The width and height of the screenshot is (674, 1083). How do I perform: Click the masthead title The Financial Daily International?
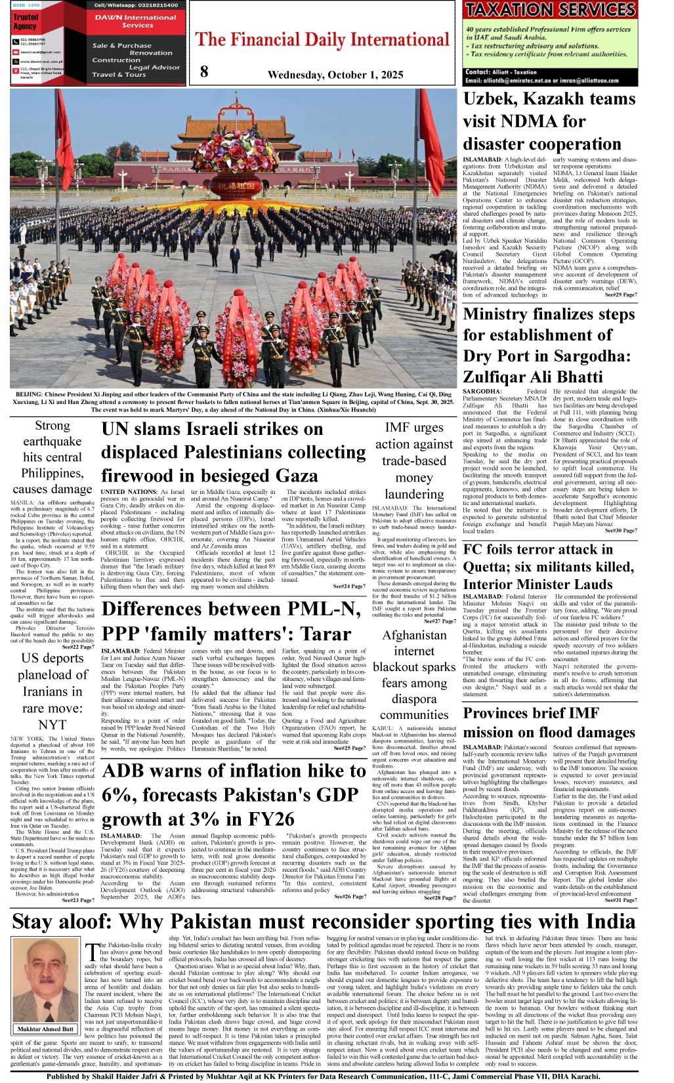[x=322, y=39]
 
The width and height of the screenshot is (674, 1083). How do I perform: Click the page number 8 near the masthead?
[x=204, y=72]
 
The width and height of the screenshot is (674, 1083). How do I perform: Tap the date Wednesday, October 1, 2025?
[x=335, y=75]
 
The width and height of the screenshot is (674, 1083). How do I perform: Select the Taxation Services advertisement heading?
[x=550, y=10]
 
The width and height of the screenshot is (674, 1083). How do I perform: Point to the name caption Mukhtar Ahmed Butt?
[x=45, y=1029]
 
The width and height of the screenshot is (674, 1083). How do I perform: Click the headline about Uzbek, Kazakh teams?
[x=549, y=121]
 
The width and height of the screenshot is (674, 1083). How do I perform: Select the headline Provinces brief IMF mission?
[x=549, y=722]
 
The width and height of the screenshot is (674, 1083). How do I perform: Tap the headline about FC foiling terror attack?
[x=548, y=566]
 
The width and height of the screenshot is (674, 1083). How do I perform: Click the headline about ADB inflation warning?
[x=233, y=794]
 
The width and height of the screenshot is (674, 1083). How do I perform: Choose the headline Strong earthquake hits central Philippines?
[x=53, y=457]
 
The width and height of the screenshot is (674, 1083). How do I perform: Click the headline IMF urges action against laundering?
[x=414, y=460]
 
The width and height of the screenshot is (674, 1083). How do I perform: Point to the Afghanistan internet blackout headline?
[x=414, y=675]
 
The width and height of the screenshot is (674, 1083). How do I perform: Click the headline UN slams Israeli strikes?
[x=233, y=452]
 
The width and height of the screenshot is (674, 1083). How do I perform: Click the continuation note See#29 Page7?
[x=620, y=295]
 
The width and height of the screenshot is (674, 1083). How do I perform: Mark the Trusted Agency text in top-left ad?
[x=26, y=22]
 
